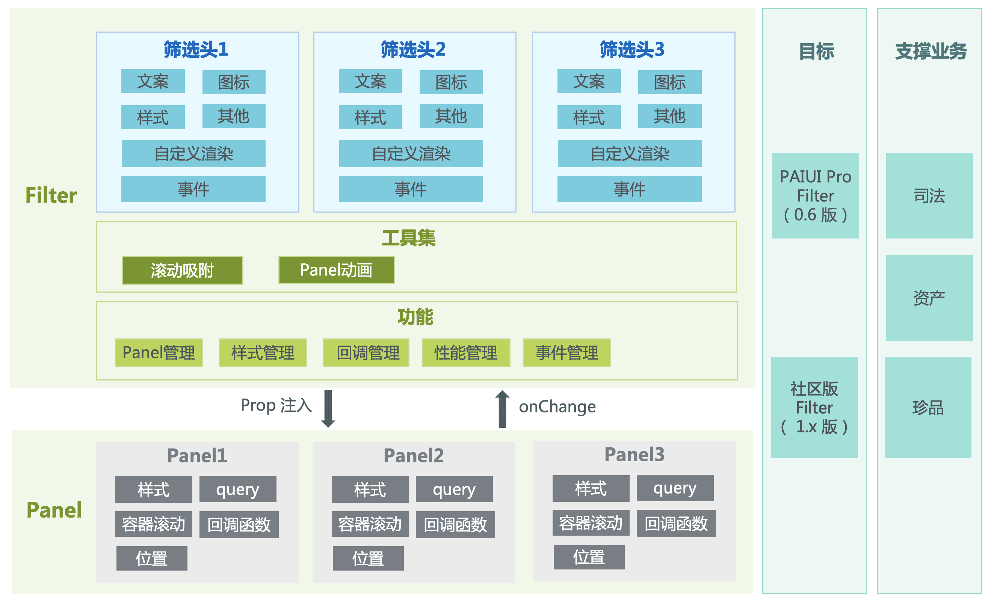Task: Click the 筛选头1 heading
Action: [196, 50]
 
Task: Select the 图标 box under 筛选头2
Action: [451, 82]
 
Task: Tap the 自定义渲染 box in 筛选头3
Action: [629, 153]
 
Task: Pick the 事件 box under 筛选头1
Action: [193, 189]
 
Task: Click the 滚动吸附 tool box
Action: [183, 270]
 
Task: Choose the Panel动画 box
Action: [337, 270]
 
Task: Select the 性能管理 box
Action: [466, 353]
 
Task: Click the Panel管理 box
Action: [159, 353]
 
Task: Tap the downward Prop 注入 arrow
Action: [328, 409]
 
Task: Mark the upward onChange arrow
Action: [502, 409]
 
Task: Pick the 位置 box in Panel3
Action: [589, 557]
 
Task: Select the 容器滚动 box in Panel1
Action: [154, 524]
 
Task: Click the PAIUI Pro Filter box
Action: [815, 196]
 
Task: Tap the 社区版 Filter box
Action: [814, 408]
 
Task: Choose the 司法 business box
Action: [929, 196]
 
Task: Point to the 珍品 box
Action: [928, 408]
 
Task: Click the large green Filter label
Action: [51, 195]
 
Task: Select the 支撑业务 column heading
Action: [931, 51]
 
